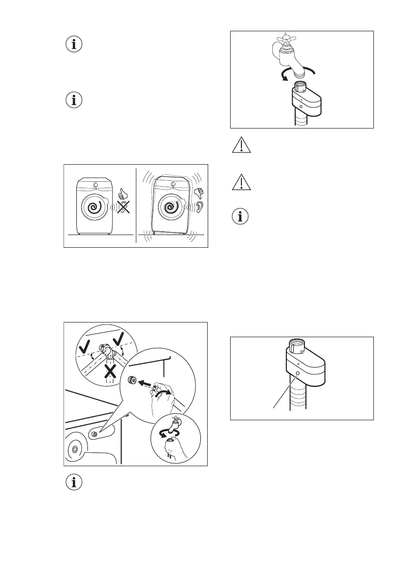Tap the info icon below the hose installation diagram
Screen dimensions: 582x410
click(74, 483)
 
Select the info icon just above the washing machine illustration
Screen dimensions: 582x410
click(74, 101)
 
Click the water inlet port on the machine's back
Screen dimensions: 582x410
click(95, 433)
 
